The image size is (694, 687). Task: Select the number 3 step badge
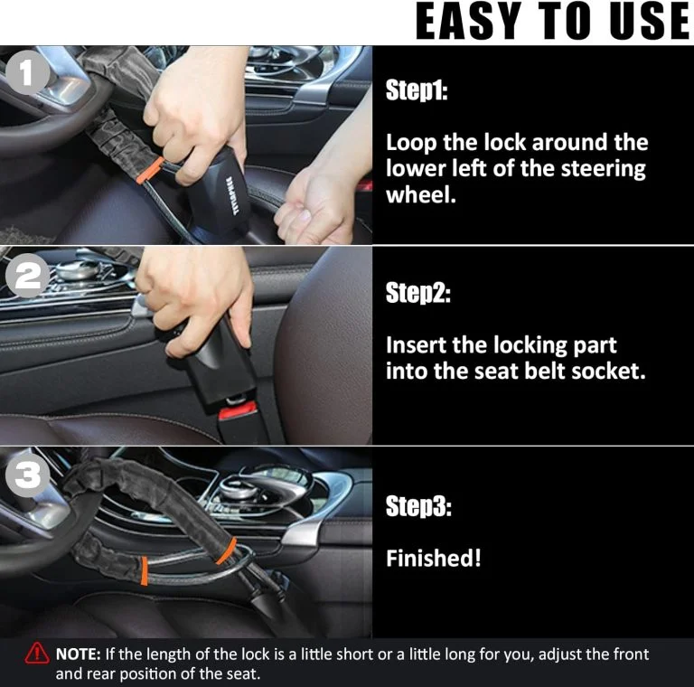tap(30, 476)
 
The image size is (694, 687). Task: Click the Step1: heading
tap(417, 91)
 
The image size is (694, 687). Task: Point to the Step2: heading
tap(417, 294)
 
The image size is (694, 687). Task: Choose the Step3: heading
tap(418, 507)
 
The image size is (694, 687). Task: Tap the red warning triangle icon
tap(37, 654)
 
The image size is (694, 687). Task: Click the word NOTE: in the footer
tap(80, 654)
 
